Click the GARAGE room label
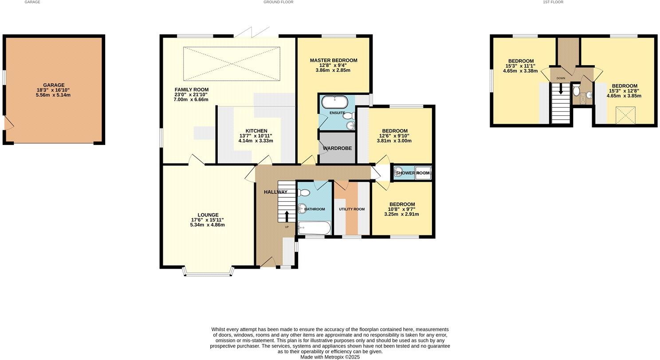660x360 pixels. (54, 85)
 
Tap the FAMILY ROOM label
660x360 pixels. (191, 90)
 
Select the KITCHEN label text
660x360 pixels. (256, 131)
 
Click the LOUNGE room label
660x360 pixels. (208, 215)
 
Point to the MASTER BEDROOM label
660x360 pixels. (333, 60)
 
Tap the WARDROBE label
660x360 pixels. (337, 148)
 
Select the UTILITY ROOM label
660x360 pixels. (352, 209)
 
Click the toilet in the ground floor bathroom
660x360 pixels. (304, 193)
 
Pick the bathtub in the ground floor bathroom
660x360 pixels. (314, 228)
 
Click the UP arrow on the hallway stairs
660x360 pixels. (287, 216)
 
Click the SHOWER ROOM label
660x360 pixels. (412, 173)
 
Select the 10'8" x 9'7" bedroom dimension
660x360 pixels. (401, 209)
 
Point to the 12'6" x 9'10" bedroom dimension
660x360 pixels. (394, 136)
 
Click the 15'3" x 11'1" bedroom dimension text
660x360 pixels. (521, 66)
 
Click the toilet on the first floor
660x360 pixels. (576, 91)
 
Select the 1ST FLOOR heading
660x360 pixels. (553, 2)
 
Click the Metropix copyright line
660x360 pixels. (330, 357)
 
